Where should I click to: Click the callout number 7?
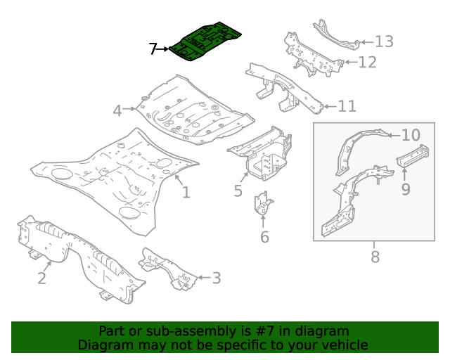pyautogui.click(x=153, y=49)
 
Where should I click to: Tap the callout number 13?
pyautogui.click(x=383, y=41)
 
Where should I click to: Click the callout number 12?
pyautogui.click(x=366, y=63)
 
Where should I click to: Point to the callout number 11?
pyautogui.click(x=347, y=106)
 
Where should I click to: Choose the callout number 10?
pyautogui.click(x=411, y=135)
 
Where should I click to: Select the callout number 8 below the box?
pyautogui.click(x=375, y=257)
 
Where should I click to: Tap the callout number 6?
pyautogui.click(x=264, y=237)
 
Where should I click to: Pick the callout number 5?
pyautogui.click(x=238, y=191)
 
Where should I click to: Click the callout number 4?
pyautogui.click(x=117, y=110)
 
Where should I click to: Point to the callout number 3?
pyautogui.click(x=216, y=278)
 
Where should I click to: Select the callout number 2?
pyautogui.click(x=41, y=278)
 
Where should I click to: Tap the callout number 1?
pyautogui.click(x=186, y=192)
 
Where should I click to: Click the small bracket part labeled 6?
pyautogui.click(x=264, y=206)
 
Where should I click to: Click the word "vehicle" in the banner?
pyautogui.click(x=344, y=345)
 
